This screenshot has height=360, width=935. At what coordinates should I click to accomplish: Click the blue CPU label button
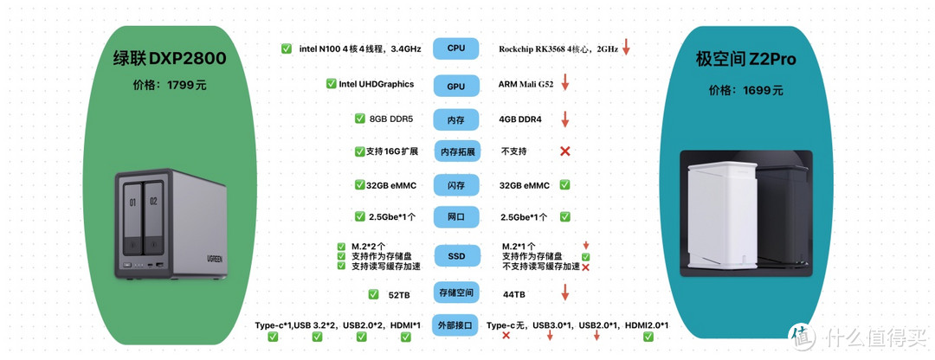pyautogui.click(x=456, y=48)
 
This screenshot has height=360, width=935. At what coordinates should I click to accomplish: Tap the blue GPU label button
pyautogui.click(x=456, y=86)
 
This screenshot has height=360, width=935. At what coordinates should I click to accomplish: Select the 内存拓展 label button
pyautogui.click(x=456, y=151)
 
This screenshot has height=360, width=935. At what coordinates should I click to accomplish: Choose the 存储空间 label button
pyautogui.click(x=456, y=292)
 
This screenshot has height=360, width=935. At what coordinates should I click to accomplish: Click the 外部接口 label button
pyautogui.click(x=456, y=325)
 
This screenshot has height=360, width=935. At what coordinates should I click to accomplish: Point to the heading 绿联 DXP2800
pyautogui.click(x=170, y=59)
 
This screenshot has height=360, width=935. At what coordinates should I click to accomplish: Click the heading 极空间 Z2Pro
pyautogui.click(x=745, y=60)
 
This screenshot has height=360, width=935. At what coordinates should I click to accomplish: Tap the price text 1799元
pyautogui.click(x=170, y=86)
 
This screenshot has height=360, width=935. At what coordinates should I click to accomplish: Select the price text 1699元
pyautogui.click(x=745, y=90)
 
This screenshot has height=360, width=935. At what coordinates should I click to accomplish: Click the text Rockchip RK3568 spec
pyautogui.click(x=558, y=49)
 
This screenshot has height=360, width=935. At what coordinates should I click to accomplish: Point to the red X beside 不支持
pyautogui.click(x=565, y=151)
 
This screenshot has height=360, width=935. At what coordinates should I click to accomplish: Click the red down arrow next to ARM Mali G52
pyautogui.click(x=565, y=83)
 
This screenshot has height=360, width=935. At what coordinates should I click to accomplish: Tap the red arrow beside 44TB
pyautogui.click(x=565, y=292)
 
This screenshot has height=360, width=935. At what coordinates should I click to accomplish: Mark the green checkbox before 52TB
pyautogui.click(x=373, y=294)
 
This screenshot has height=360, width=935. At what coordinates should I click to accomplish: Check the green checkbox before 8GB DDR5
pyautogui.click(x=360, y=119)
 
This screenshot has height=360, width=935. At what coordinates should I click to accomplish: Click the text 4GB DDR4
pyautogui.click(x=520, y=119)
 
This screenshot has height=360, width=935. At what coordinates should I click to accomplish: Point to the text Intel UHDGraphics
pyautogui.click(x=376, y=84)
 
